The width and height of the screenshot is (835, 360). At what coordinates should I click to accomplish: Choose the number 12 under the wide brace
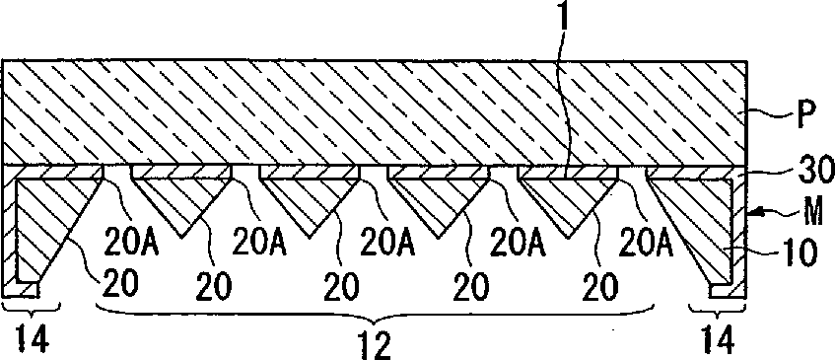click(376, 346)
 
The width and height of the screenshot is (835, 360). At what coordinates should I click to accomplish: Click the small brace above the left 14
click(32, 309)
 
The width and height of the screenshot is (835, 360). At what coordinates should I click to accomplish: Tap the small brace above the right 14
click(717, 309)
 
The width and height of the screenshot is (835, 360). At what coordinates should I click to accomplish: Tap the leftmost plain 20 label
click(121, 285)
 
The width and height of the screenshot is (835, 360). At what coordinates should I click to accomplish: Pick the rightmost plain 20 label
click(600, 287)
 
